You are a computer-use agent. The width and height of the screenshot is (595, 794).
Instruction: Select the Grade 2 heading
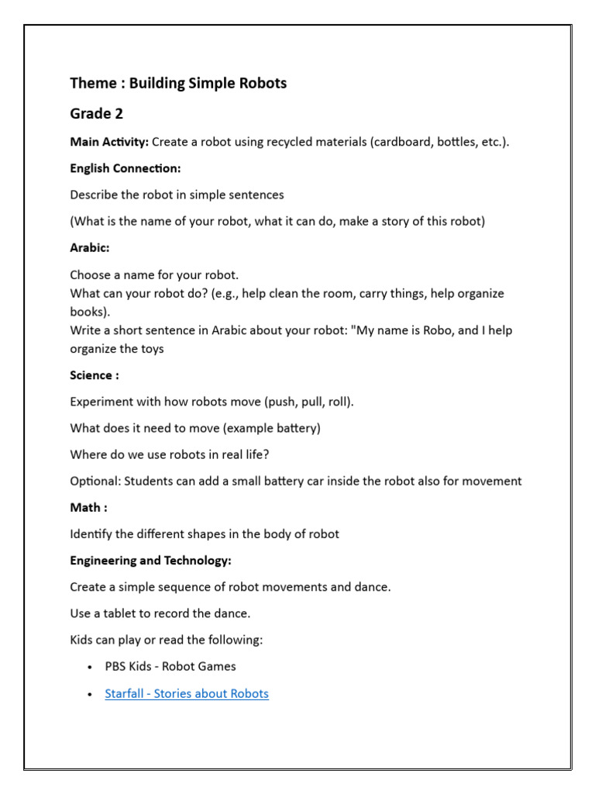(96, 114)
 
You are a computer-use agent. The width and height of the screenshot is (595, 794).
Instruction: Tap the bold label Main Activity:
(109, 142)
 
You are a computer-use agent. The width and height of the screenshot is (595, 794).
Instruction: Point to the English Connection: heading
(125, 168)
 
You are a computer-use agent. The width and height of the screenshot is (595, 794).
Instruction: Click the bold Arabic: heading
(90, 248)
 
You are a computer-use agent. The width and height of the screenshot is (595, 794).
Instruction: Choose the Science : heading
(94, 375)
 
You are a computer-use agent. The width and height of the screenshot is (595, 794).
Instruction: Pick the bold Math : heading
(88, 507)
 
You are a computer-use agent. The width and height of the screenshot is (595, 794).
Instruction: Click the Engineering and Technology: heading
(150, 560)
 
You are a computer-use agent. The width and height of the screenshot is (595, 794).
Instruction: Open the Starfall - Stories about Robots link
(187, 693)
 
